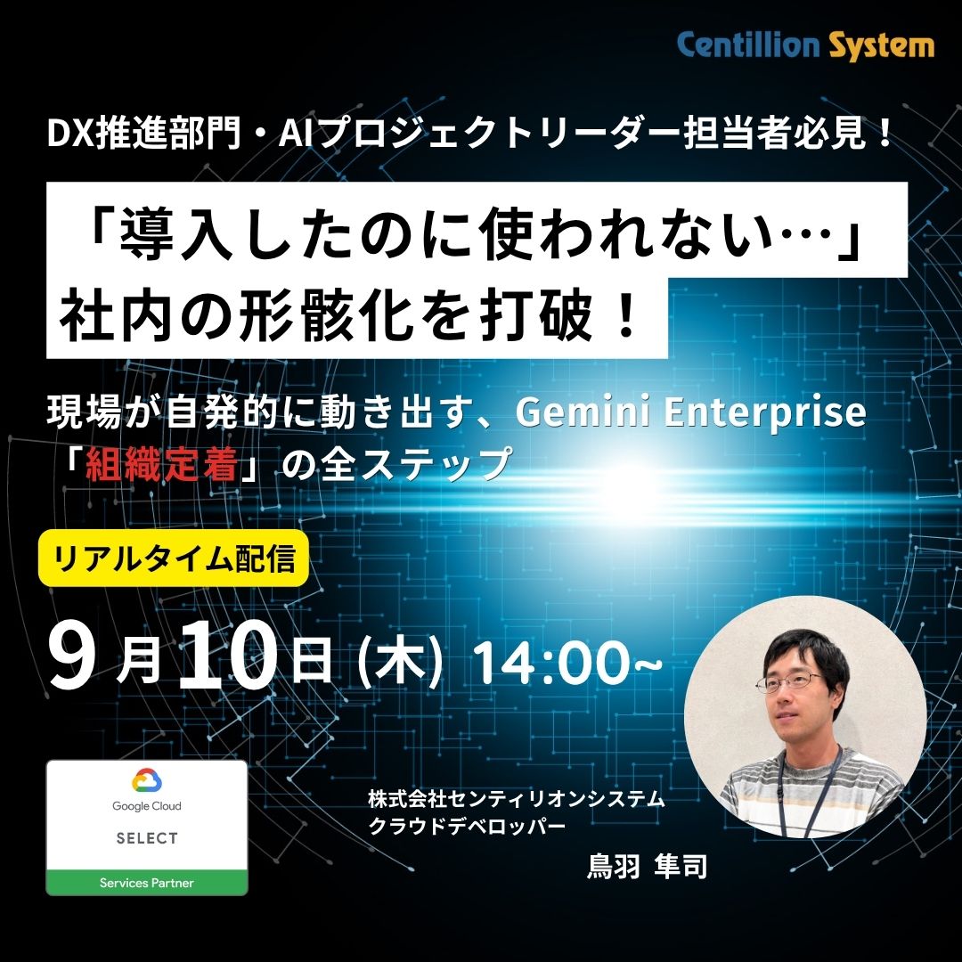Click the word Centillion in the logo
(x=748, y=45)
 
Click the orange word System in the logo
(x=882, y=46)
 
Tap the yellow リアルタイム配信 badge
(x=173, y=558)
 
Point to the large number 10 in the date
(x=227, y=656)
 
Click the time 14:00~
(x=568, y=662)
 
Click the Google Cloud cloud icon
(x=147, y=781)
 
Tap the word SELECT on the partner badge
(x=147, y=838)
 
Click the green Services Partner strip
(x=147, y=882)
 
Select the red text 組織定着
(x=161, y=464)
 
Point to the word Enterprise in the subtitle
(x=765, y=413)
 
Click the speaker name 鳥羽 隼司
(x=648, y=867)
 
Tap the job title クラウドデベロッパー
(x=467, y=827)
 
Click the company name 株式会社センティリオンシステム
(x=517, y=799)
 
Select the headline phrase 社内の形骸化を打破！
(x=351, y=316)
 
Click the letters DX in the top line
(x=71, y=136)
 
